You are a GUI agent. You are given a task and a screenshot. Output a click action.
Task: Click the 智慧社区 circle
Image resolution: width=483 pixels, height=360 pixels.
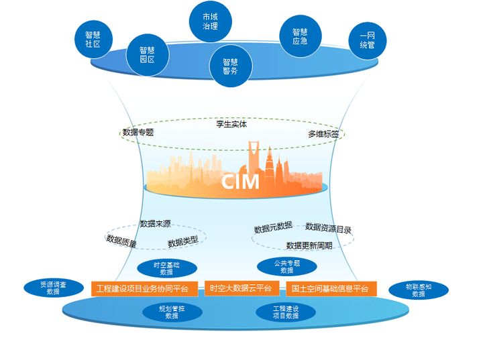coord(93,39)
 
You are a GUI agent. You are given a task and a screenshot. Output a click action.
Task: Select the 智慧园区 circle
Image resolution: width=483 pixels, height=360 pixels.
coord(147,54)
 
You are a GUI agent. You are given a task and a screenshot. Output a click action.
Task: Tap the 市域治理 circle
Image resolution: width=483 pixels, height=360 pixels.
coord(210,21)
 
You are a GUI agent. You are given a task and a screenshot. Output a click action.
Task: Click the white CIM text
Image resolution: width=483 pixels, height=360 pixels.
coord(240,182)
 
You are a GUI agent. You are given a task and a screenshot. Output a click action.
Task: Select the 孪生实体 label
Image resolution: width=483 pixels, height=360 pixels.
coord(231,124)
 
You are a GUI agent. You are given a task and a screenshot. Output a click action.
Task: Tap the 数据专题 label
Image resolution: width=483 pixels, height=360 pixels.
coord(138,133)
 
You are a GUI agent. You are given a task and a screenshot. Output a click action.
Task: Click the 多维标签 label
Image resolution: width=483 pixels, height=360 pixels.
coord(323,134)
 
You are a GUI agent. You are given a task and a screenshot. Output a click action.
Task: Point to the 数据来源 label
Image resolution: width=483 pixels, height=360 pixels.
coord(155,223)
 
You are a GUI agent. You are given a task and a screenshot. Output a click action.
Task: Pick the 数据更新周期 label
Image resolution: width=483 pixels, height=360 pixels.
coord(309,245)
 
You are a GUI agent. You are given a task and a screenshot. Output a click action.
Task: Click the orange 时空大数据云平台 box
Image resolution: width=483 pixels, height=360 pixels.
coord(240,288)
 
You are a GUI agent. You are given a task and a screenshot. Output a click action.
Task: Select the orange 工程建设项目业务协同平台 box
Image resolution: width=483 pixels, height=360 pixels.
coord(144,289)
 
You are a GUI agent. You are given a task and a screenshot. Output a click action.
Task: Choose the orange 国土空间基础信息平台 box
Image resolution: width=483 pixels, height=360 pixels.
coord(331,289)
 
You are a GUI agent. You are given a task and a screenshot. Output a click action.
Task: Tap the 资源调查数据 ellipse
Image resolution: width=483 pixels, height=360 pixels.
coord(53,288)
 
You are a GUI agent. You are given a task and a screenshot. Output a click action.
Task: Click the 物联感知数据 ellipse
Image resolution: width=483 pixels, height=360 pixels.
coord(419,290)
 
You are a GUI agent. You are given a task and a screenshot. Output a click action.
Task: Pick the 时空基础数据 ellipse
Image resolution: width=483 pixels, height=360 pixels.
coord(166,268)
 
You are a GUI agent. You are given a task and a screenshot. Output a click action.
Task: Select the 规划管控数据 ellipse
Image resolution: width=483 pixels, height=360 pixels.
coord(171,312)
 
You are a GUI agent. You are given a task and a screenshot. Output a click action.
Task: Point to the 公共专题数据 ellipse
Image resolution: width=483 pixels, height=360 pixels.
coord(287,266)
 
